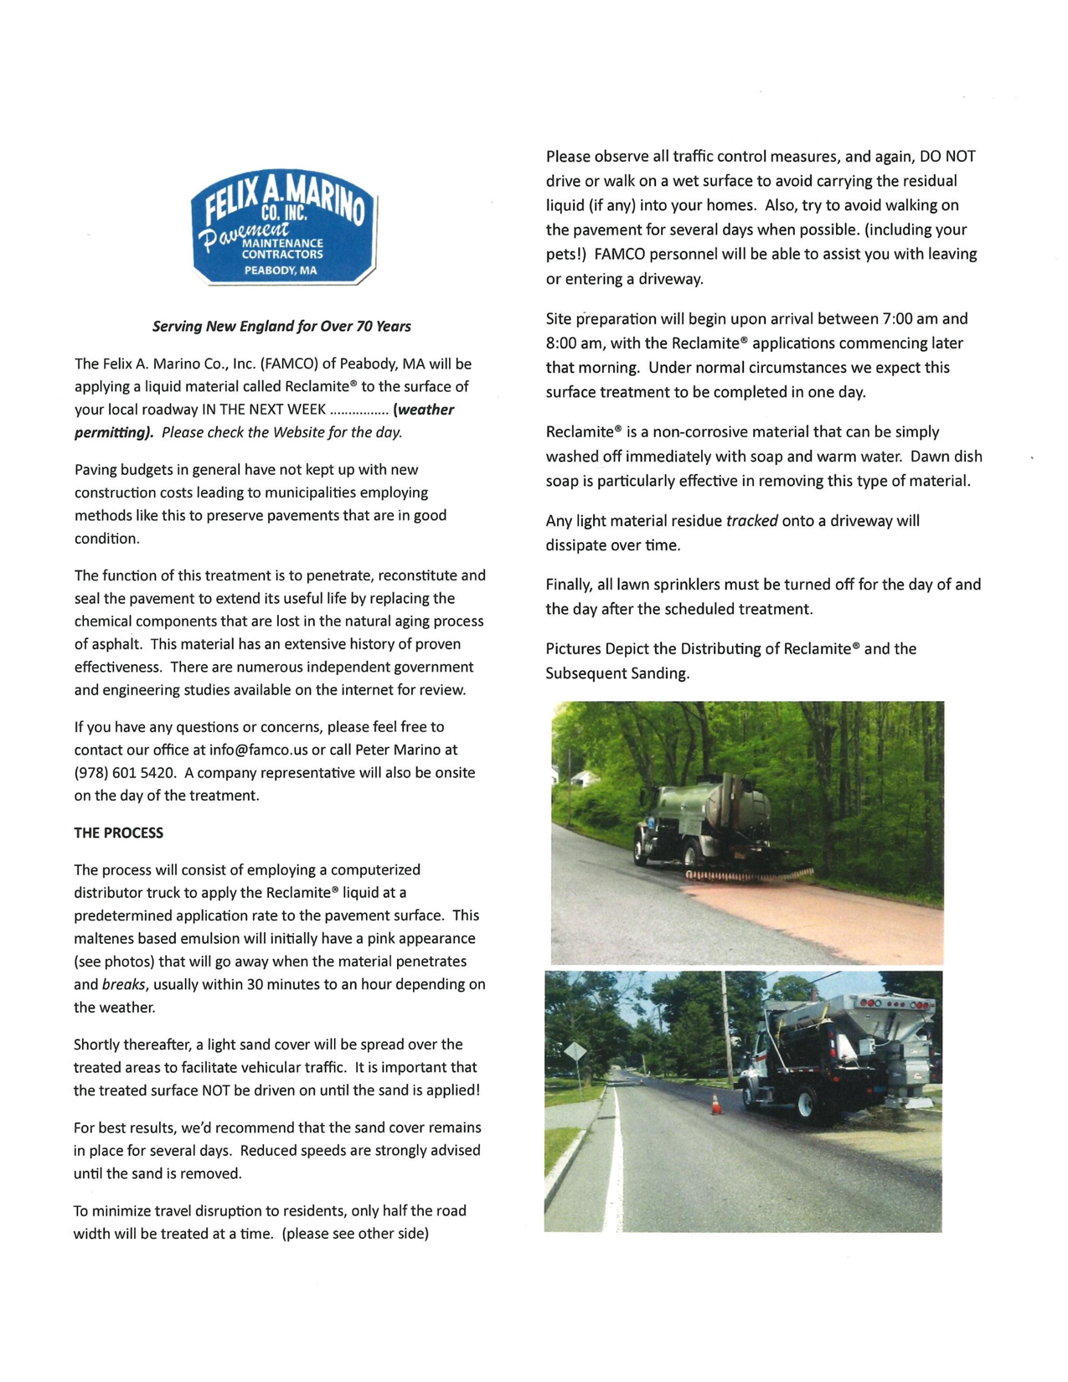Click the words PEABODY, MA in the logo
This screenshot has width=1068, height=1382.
click(281, 270)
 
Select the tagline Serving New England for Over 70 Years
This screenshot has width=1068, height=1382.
click(281, 326)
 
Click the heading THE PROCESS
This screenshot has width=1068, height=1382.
click(118, 833)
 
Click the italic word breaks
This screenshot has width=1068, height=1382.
click(123, 984)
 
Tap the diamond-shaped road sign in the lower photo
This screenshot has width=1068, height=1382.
click(575, 1050)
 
